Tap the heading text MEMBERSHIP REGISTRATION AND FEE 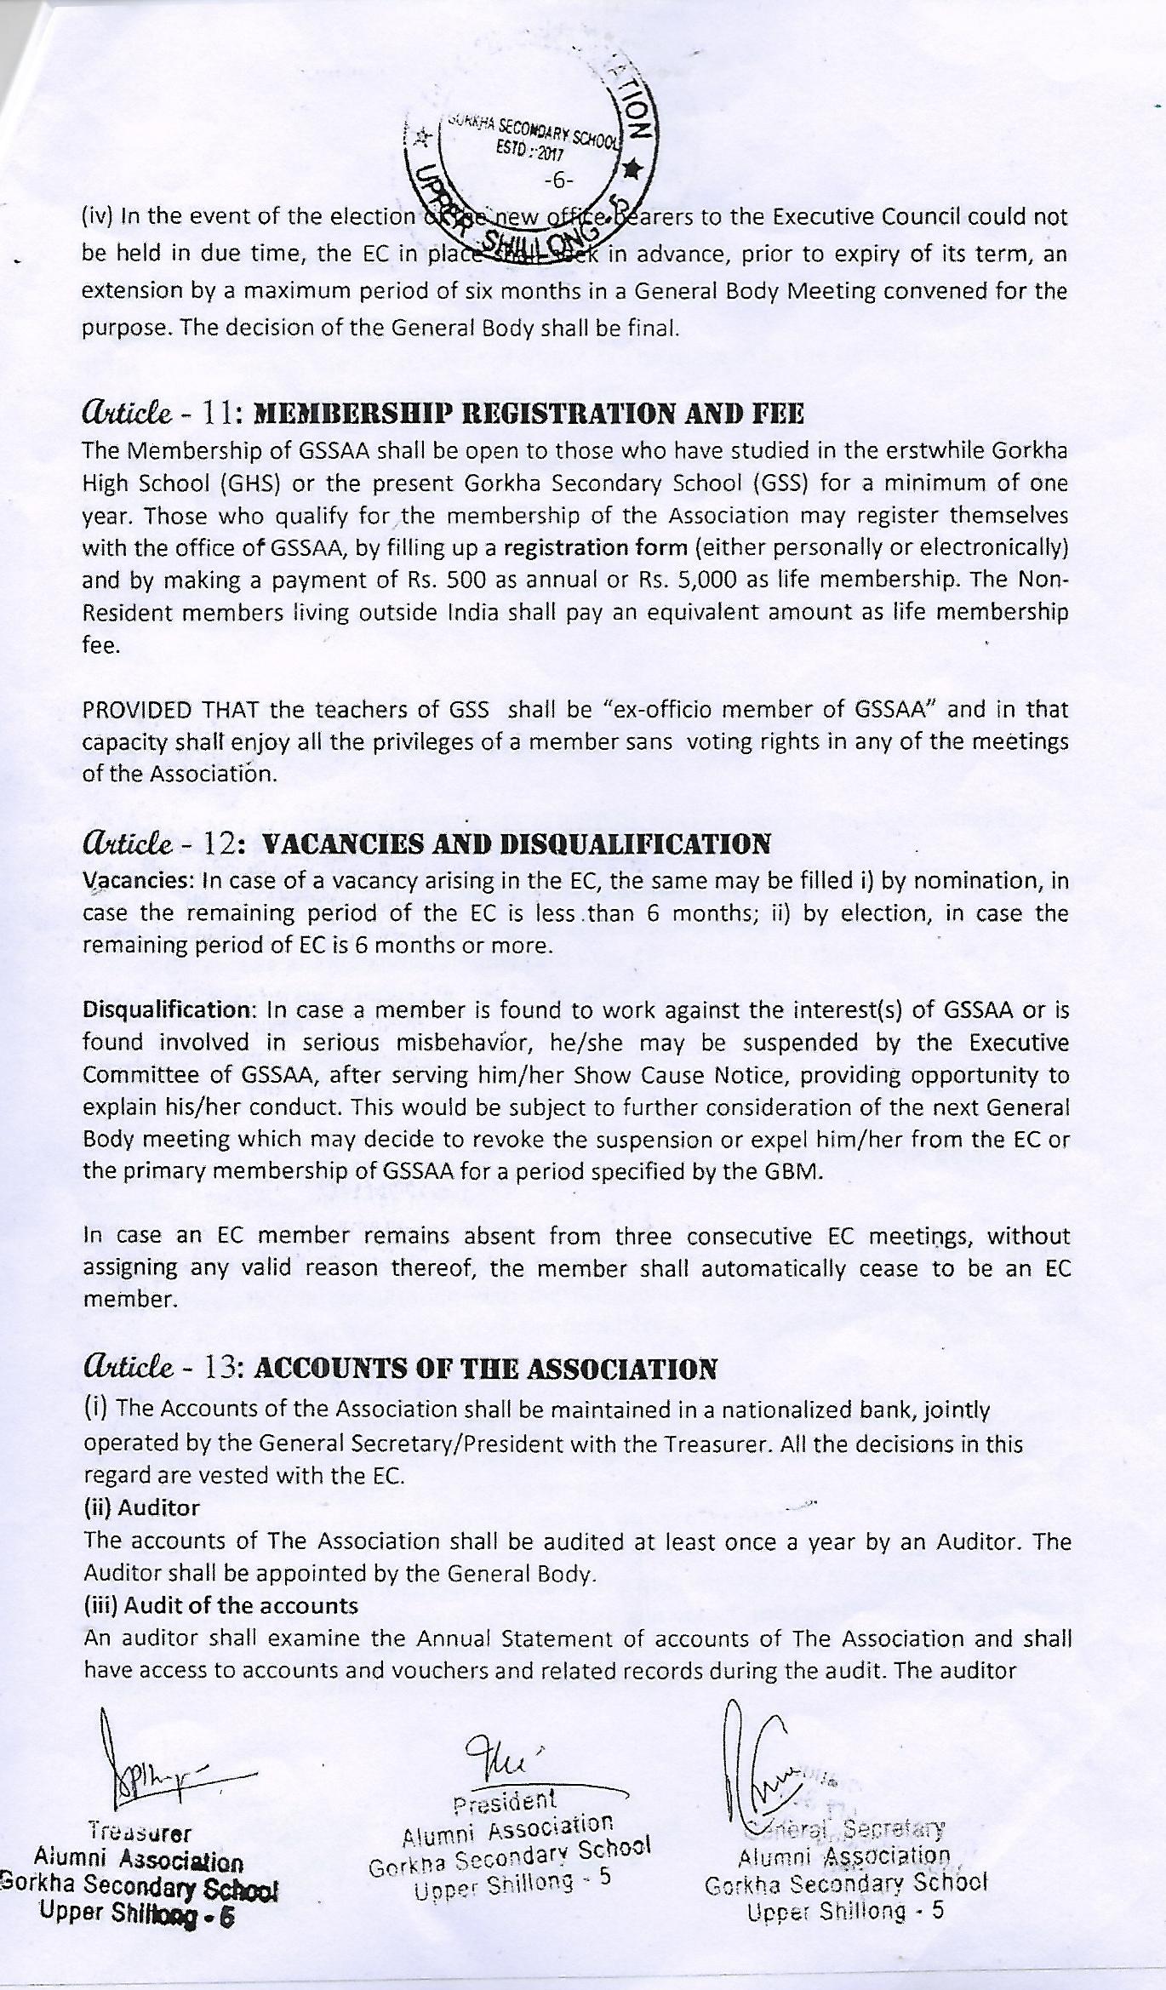click(529, 415)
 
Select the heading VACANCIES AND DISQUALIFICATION click(516, 844)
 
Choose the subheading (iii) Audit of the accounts click(220, 1605)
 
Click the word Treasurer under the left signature click(140, 1833)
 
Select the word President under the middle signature click(506, 1801)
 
